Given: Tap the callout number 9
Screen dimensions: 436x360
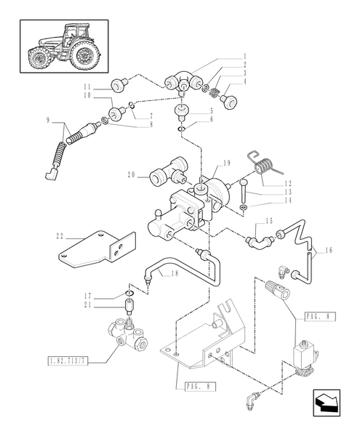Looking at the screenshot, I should [x=49, y=120].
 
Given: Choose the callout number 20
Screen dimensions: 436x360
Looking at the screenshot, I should [x=132, y=174].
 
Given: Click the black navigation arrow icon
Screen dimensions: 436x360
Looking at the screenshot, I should [x=327, y=403].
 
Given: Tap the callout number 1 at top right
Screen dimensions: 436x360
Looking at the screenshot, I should [x=245, y=56].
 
